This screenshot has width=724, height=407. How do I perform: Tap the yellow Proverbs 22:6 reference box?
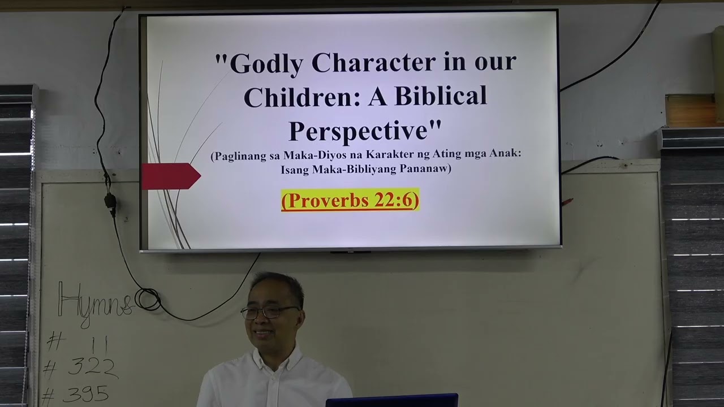350,200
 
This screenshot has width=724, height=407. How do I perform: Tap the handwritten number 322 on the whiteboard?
92,367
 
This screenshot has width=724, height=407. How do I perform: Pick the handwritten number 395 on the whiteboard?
85,393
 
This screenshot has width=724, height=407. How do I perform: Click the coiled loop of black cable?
148,299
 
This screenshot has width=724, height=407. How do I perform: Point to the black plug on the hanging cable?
111,202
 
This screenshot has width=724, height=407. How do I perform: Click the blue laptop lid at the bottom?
391,400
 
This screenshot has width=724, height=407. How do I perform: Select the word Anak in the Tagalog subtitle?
507,155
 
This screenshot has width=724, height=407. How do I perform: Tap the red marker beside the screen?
567,201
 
